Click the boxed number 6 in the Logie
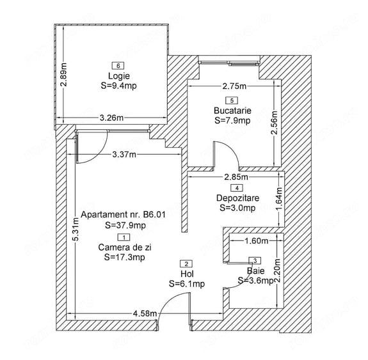click(118, 66)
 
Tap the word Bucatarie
click(232, 111)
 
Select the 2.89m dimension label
click(63, 75)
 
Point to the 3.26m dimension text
click(111, 118)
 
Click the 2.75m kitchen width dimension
click(234, 86)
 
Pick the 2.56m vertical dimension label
click(274, 122)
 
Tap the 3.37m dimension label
click(124, 155)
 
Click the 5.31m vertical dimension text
click(76, 230)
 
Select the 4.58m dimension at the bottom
click(145, 313)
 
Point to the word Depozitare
click(237, 198)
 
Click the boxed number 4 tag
click(237, 188)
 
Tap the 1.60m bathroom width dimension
click(257, 240)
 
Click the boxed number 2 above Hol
click(186, 264)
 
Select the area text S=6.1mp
click(187, 284)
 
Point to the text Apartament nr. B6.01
click(124, 215)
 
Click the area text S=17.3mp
click(125, 257)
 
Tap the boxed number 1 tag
click(124, 237)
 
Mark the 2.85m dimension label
click(236, 177)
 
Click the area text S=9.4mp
click(119, 86)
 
